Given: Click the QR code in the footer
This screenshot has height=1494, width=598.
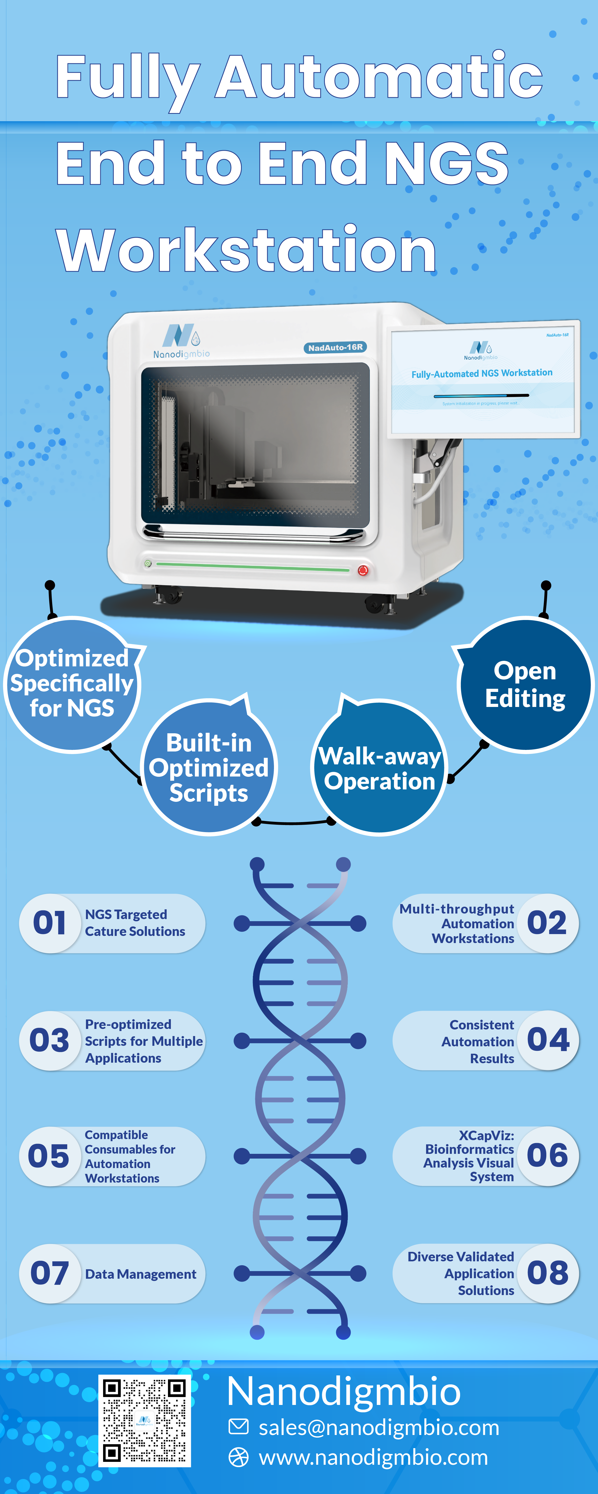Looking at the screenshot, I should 144,1420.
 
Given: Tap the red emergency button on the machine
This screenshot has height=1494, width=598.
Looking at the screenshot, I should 363,570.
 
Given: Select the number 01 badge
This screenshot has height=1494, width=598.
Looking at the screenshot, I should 50,923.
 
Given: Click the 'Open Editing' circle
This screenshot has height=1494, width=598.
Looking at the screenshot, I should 525,685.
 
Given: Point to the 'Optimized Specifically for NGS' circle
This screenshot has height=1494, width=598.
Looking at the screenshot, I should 72,684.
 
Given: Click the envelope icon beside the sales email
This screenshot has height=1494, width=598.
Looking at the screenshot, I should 239,1427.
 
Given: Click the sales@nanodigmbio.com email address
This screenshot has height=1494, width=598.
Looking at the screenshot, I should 379,1427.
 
